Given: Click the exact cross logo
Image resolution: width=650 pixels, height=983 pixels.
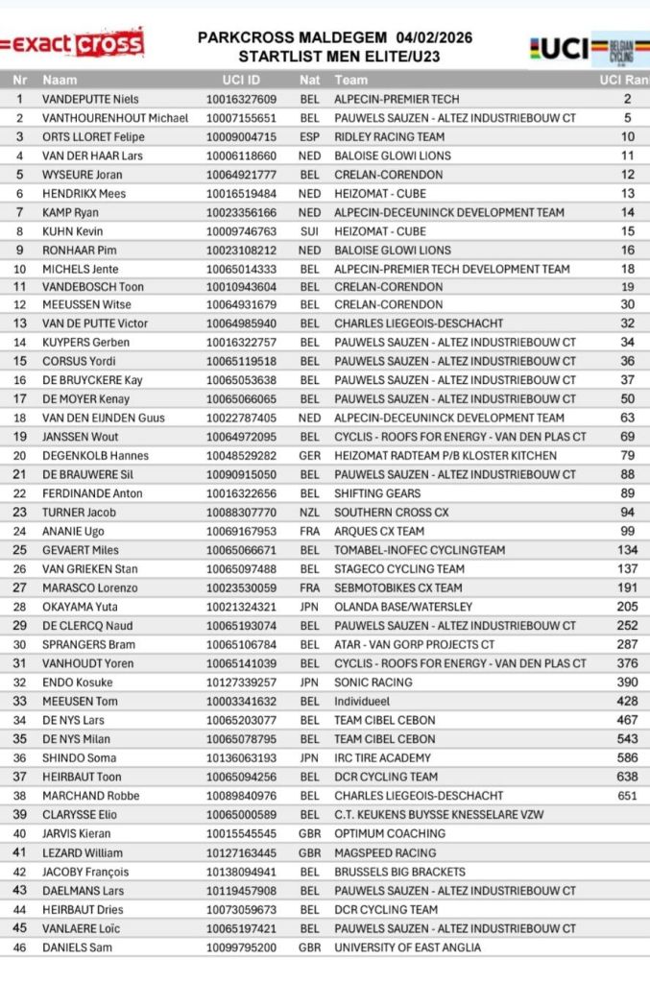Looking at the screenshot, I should pyautogui.click(x=73, y=43).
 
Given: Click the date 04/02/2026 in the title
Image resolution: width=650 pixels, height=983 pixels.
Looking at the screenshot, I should pyautogui.click(x=426, y=36).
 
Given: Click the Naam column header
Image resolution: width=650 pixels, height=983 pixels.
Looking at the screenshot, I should pyautogui.click(x=60, y=81).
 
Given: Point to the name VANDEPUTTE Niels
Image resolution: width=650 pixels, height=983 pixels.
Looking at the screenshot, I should pyautogui.click(x=90, y=99).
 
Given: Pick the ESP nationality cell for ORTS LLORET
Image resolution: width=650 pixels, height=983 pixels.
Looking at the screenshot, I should pyautogui.click(x=309, y=137).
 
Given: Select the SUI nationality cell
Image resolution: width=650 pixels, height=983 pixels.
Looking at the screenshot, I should pyautogui.click(x=309, y=231).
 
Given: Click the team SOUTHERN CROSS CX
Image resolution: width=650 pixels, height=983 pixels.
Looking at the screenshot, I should pyautogui.click(x=391, y=513).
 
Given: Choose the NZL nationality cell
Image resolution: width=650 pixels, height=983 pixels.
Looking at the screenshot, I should pyautogui.click(x=309, y=513).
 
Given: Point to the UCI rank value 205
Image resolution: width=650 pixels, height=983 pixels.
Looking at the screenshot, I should pyautogui.click(x=627, y=607).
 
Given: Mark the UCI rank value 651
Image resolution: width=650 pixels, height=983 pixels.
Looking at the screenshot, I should pyautogui.click(x=627, y=796).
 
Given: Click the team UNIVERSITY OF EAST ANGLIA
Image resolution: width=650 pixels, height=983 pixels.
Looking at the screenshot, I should pyautogui.click(x=408, y=947).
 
